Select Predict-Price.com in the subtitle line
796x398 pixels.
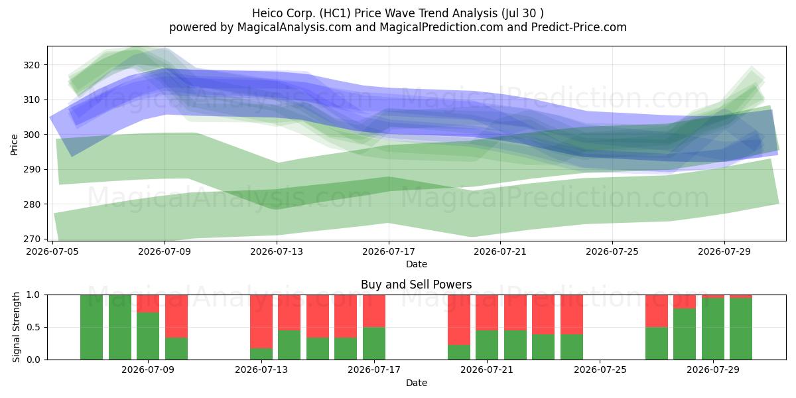(579, 27)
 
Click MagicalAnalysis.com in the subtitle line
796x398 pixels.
(295, 27)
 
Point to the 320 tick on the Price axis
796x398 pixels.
(32, 65)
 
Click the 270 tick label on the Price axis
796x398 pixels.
(32, 239)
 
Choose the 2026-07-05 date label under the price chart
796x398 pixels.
(52, 251)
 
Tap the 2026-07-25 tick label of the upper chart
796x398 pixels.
(612, 251)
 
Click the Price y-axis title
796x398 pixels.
(14, 145)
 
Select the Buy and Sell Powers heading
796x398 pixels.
(416, 285)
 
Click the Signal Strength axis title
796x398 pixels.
(16, 327)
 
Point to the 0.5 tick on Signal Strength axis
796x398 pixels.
(33, 327)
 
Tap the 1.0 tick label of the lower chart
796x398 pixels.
(33, 295)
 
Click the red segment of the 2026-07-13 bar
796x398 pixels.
(261, 322)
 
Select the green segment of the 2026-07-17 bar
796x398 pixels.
(374, 344)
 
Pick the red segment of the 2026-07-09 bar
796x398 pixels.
(148, 304)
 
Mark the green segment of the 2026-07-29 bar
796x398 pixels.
(713, 329)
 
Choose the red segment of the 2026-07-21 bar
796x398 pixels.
(487, 312)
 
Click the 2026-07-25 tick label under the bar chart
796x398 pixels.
(600, 370)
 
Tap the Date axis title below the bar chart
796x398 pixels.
(417, 383)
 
